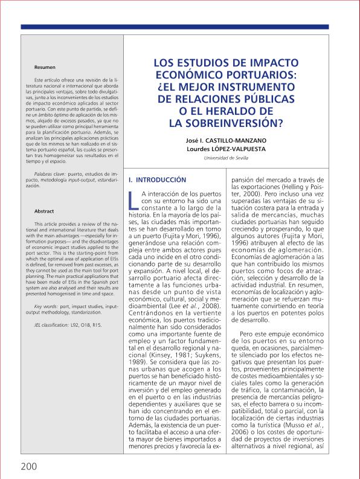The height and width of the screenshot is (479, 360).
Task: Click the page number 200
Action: click(28, 466)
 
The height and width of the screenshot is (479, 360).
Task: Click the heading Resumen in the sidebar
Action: click(45, 67)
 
